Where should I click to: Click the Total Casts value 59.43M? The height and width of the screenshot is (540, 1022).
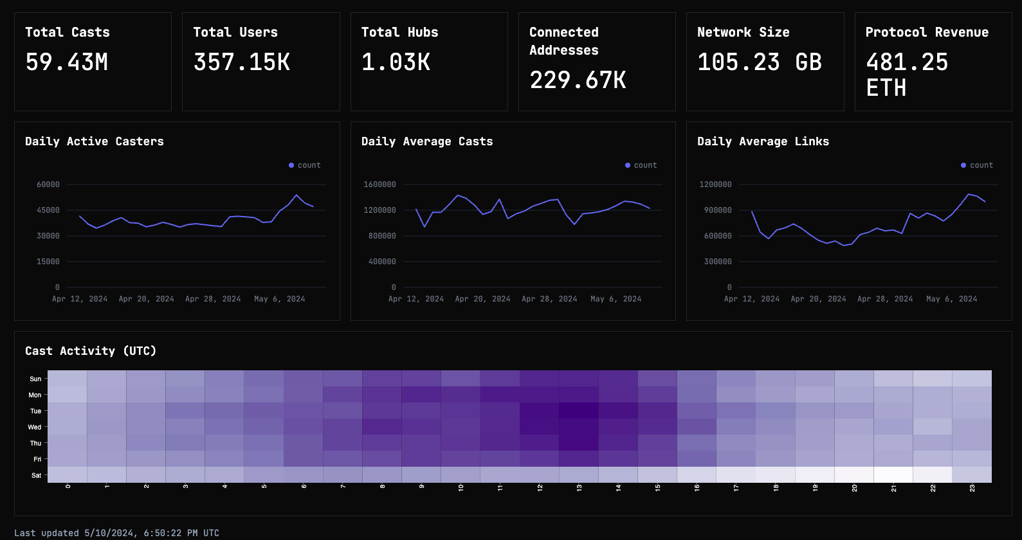tap(67, 62)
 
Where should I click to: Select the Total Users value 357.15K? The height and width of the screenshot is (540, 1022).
tap(242, 62)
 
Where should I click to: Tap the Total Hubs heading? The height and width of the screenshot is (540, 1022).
tap(399, 32)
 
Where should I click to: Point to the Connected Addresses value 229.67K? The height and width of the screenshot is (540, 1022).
tap(578, 80)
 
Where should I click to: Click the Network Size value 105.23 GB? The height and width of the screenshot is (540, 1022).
tap(760, 62)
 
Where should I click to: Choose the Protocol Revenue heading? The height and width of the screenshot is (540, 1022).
tap(927, 32)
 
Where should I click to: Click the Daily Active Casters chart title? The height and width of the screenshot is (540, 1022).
tap(95, 141)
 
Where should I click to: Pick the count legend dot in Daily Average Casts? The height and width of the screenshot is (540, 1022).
tap(628, 165)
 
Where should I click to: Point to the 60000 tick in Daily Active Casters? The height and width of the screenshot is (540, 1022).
tap(48, 184)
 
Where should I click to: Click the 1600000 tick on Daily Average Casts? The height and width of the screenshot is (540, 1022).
tap(379, 184)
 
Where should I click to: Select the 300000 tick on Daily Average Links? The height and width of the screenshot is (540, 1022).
tap(718, 262)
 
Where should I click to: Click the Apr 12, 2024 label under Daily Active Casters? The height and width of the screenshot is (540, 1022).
tap(80, 299)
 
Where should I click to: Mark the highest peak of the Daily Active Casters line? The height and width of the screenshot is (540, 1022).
tap(297, 195)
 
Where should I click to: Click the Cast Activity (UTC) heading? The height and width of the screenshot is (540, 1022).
tap(91, 351)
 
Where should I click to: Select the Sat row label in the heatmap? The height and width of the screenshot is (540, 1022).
tap(36, 476)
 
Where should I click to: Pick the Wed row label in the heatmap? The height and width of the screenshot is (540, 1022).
tap(35, 427)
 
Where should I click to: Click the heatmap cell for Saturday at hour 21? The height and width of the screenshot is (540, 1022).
tap(893, 475)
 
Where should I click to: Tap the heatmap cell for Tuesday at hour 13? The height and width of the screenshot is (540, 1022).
tap(579, 411)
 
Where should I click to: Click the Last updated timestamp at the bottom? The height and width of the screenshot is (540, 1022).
tap(116, 533)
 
